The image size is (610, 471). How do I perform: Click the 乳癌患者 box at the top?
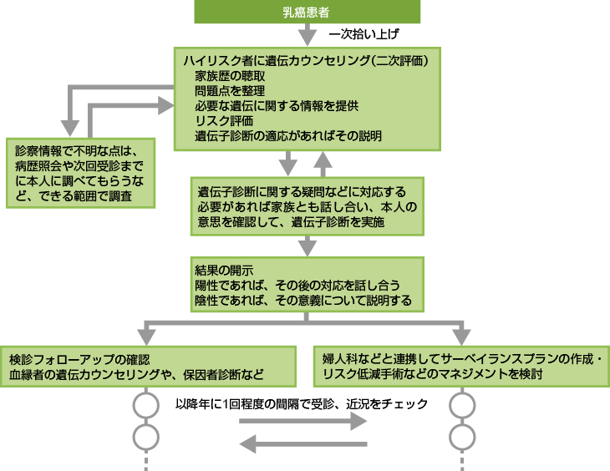click(306, 12)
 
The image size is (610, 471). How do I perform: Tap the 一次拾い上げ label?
click(363, 35)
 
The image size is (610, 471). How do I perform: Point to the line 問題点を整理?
click(231, 91)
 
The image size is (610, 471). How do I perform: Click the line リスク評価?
click(224, 121)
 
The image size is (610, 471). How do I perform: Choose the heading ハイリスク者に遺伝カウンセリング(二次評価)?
click(308, 60)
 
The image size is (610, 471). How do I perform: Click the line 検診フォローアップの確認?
click(79, 359)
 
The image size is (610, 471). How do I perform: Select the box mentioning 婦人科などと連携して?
click(461, 367)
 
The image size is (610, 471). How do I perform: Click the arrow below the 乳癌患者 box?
click(307, 34)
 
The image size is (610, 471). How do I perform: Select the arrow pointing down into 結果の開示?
click(307, 246)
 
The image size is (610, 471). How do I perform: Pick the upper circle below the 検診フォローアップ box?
click(145, 406)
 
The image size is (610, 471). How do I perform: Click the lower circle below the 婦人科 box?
click(461, 436)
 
